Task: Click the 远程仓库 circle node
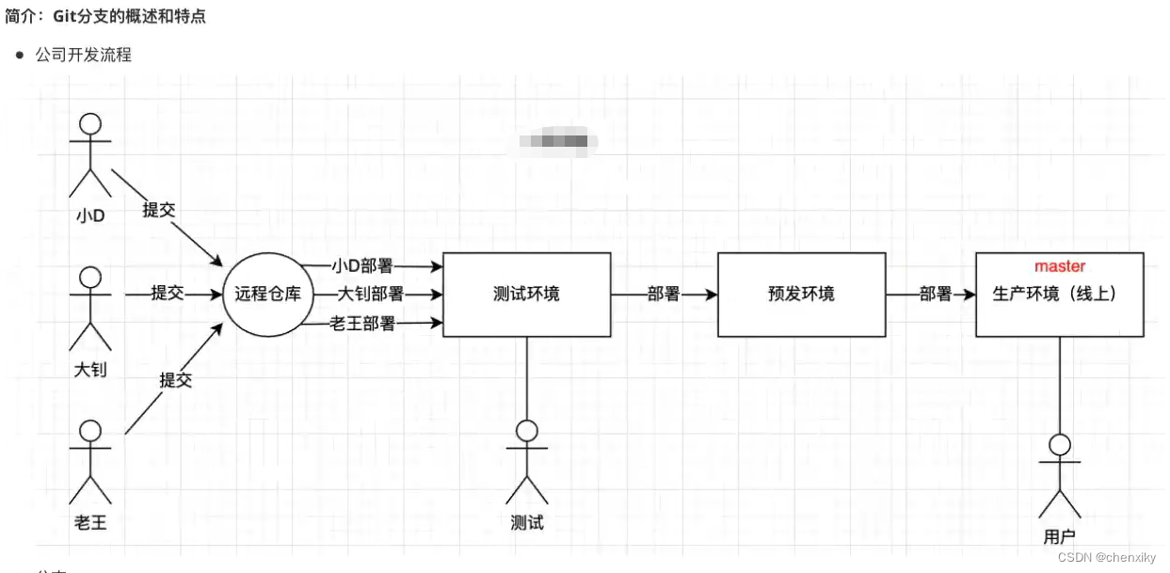pos(267,294)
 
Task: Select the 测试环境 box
pos(526,294)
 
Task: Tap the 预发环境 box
pos(801,294)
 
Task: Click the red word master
pos(1060,267)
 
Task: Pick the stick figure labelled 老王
pos(90,461)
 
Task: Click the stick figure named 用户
pos(1061,475)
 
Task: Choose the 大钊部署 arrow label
pos(371,294)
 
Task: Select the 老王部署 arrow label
pos(362,324)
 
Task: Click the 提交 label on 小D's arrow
pos(158,210)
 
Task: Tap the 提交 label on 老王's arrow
pos(175,380)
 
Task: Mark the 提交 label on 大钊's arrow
pos(168,294)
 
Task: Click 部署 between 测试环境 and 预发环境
pos(664,294)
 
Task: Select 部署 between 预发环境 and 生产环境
pos(936,294)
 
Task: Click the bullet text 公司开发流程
pos(84,56)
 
